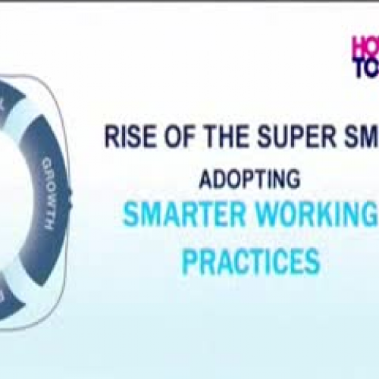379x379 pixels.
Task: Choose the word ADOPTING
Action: pos(249,180)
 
